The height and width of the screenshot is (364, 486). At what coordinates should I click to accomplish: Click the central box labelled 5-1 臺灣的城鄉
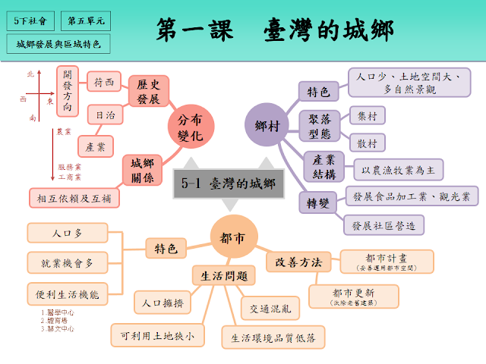tap(225, 183)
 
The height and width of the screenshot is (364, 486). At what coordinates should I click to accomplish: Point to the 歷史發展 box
tap(148, 91)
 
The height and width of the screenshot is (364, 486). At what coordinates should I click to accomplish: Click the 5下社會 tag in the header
tap(34, 21)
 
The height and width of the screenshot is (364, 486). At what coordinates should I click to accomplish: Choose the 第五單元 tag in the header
tap(87, 21)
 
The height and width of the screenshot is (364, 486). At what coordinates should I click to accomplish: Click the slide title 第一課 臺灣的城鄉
tap(274, 30)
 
